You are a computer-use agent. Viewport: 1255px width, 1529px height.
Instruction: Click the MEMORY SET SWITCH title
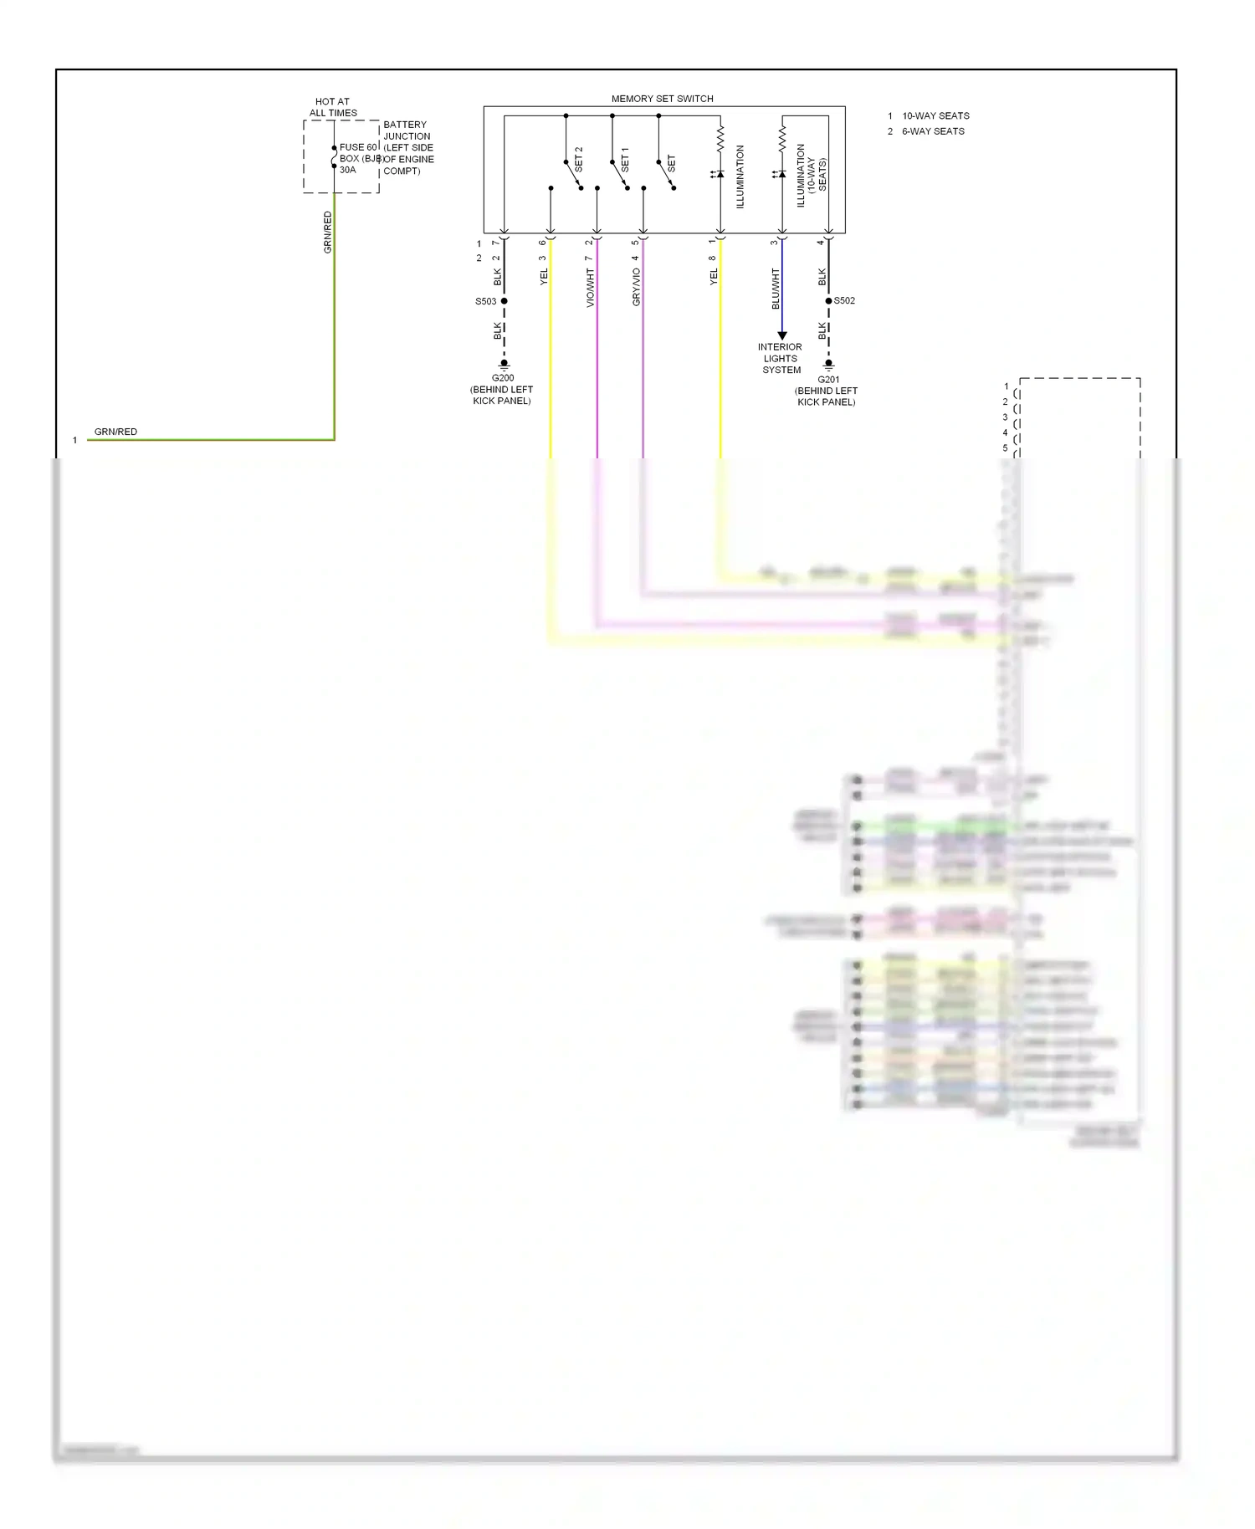coord(662,99)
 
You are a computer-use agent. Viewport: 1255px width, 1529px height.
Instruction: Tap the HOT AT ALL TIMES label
coord(333,107)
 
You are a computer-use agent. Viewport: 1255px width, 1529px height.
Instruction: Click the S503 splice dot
coord(504,301)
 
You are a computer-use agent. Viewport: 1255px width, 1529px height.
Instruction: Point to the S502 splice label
coord(844,301)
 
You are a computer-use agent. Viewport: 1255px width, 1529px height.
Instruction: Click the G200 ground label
coord(503,378)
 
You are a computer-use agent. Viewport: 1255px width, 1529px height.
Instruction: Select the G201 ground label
coord(828,380)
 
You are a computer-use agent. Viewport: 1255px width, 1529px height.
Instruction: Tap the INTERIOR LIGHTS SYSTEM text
coord(781,358)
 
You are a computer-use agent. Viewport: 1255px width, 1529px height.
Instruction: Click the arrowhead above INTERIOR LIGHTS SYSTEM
coord(782,335)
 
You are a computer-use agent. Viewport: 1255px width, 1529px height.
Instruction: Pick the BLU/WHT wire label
coord(776,289)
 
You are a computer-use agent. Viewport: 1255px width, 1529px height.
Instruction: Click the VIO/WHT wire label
coord(591,288)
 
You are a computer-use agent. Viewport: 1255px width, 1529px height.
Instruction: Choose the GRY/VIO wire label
coord(637,287)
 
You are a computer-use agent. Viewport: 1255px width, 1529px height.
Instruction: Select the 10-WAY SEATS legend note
coord(935,116)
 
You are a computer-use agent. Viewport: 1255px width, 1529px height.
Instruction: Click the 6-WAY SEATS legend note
coord(933,131)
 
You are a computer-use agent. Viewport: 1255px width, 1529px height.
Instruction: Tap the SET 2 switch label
coord(578,160)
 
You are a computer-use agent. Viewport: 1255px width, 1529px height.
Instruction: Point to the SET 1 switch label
coord(625,160)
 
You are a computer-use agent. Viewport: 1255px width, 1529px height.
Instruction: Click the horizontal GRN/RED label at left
coord(115,432)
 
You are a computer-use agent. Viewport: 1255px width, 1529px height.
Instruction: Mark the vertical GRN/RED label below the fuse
coord(328,232)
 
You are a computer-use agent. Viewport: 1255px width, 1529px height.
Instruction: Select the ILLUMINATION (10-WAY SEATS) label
coord(811,175)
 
